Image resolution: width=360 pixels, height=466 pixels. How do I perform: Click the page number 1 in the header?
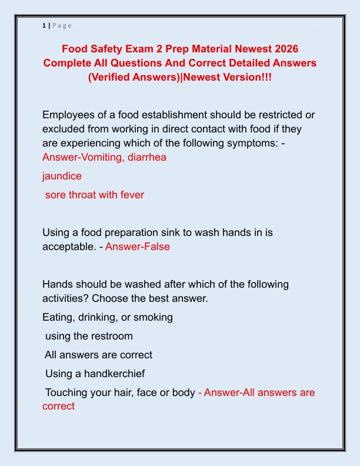tap(44, 25)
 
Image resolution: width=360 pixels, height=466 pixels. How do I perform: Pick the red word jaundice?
tap(62, 176)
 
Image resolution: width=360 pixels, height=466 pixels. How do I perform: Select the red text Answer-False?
tap(138, 247)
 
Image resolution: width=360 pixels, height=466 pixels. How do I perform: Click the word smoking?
tap(152, 317)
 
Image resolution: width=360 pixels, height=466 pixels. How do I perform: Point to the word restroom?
tap(111, 336)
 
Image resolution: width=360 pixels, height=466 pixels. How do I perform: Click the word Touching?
tap(68, 392)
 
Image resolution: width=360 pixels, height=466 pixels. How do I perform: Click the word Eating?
tap(59, 317)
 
